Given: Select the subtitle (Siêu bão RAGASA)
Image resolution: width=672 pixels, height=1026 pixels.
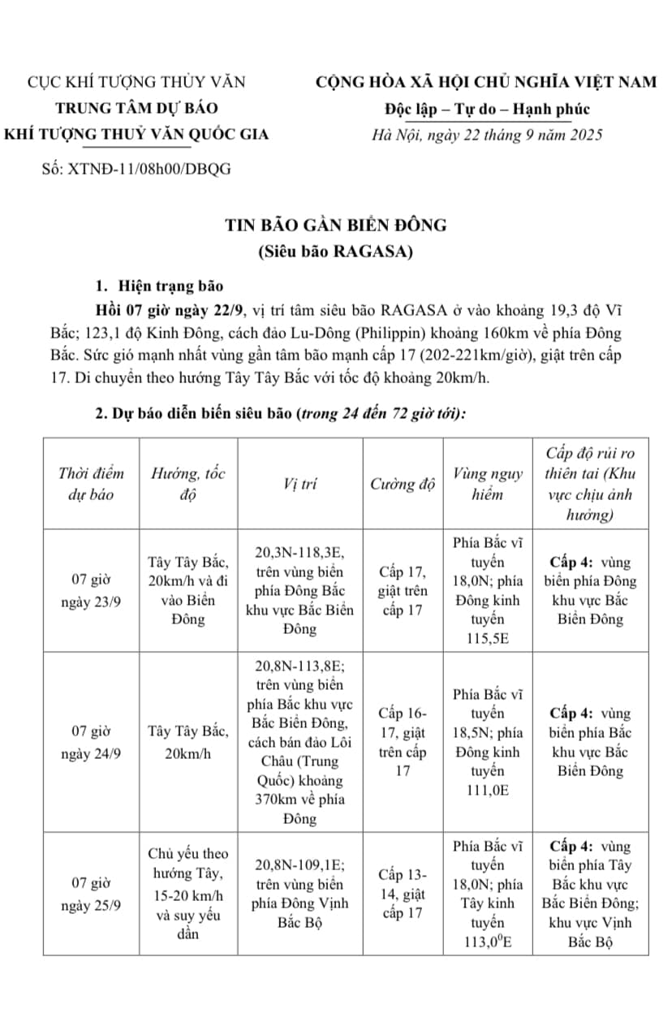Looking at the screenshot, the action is click(336, 251).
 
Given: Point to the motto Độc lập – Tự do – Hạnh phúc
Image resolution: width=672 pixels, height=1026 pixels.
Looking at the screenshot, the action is click(487, 109).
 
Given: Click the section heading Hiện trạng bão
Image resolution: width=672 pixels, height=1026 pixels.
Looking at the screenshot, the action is click(170, 285).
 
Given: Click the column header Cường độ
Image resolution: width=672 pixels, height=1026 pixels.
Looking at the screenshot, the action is click(403, 485).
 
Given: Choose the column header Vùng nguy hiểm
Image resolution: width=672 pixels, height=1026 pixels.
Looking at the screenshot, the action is click(488, 485).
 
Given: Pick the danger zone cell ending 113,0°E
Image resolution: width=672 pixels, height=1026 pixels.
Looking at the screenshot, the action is click(488, 894).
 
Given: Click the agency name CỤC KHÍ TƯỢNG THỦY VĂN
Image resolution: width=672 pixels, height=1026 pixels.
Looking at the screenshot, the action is click(136, 82).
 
